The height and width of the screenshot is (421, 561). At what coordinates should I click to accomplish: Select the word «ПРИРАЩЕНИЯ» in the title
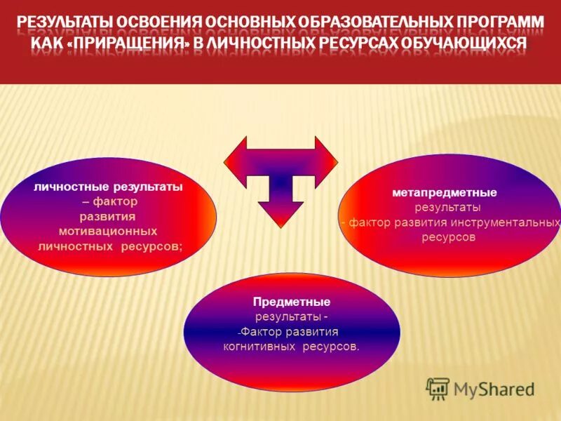pos(142,43)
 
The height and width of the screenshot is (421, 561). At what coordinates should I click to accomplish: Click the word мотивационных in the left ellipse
pos(108,231)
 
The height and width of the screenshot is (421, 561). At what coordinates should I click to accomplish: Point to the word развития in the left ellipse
pos(108,217)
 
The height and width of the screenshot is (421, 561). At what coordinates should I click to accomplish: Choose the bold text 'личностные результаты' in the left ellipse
pos(108,187)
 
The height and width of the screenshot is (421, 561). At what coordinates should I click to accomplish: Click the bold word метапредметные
pos(445,192)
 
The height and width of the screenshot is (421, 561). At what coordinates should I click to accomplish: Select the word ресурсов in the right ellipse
pos(449,237)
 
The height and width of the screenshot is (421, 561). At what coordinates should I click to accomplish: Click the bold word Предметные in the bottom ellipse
pos(292,302)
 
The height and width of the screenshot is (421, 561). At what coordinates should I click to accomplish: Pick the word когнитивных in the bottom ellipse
pos(260,347)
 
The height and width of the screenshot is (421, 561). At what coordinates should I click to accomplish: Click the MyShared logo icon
pos(438,388)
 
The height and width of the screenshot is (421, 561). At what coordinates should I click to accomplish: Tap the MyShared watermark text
pos(494,389)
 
